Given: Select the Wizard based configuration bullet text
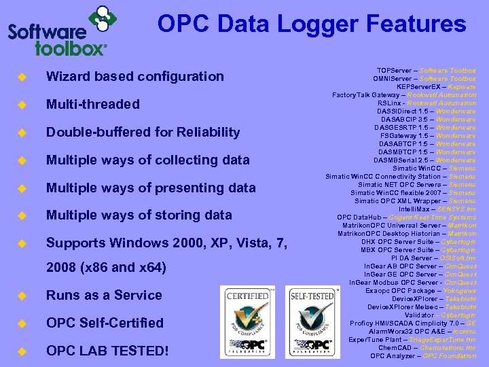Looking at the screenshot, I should (134, 76).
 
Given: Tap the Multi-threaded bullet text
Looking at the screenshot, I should (92, 104).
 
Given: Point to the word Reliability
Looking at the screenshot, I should (204, 132).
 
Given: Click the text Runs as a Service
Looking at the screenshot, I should (104, 295).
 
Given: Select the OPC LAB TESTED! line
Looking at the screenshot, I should (107, 351).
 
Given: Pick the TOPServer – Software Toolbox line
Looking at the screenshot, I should (426, 71).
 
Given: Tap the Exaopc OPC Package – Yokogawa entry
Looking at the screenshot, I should (421, 291).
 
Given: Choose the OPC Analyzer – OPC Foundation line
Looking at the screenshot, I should (423, 356).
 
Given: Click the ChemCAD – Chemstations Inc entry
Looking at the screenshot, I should (427, 348).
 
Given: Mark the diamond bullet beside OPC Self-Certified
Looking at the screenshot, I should (21, 323).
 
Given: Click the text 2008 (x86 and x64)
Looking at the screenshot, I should (106, 268).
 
